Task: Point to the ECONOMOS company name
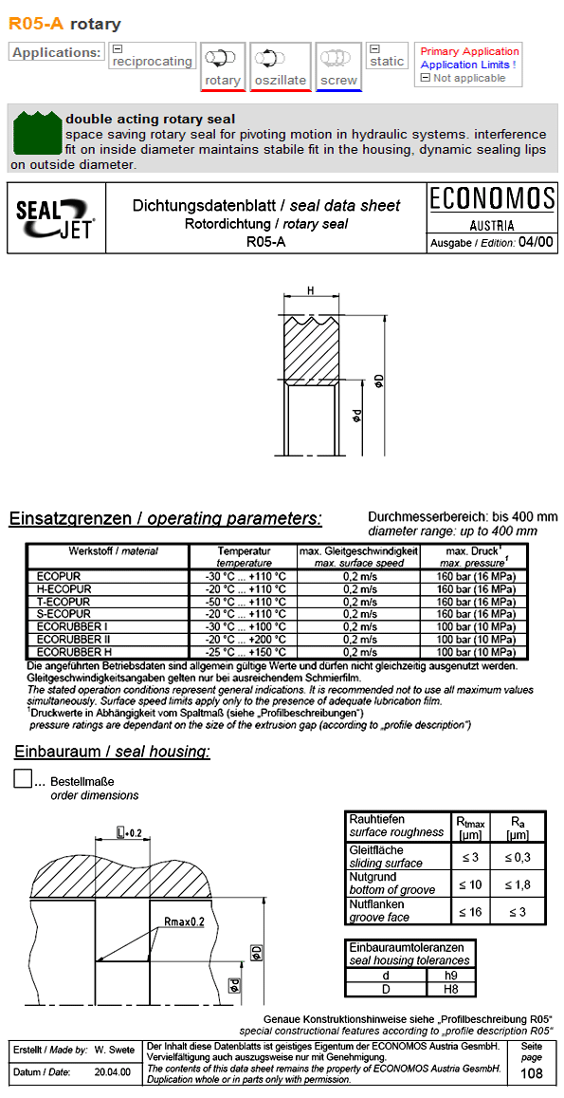[491, 198]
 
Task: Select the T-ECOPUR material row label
[63, 602]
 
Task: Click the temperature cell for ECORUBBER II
[244, 640]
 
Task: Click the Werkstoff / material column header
[107, 551]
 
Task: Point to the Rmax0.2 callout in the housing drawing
[184, 921]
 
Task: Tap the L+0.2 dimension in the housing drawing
[128, 832]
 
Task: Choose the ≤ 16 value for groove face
[469, 911]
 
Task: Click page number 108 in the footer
[533, 1073]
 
